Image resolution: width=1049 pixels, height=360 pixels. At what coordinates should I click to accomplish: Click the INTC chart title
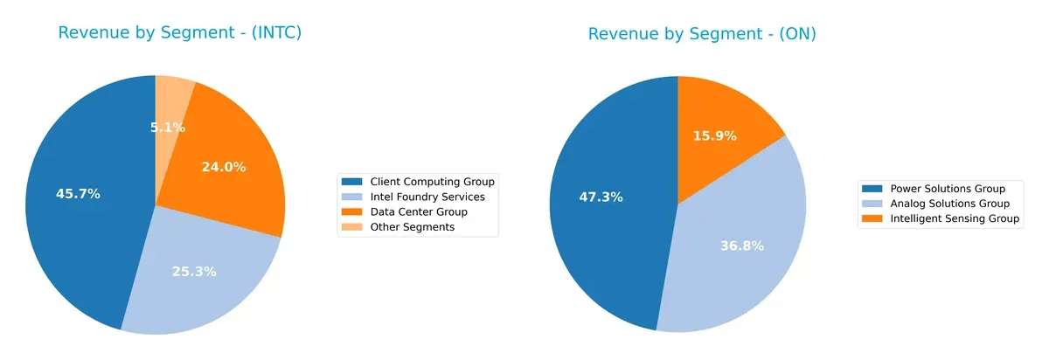click(180, 33)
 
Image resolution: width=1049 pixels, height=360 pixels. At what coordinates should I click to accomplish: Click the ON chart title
click(702, 34)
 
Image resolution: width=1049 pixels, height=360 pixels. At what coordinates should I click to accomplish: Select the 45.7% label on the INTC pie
click(78, 194)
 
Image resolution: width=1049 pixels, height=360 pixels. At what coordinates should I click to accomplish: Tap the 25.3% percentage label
click(194, 272)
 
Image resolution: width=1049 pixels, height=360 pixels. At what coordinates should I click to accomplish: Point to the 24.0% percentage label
click(224, 167)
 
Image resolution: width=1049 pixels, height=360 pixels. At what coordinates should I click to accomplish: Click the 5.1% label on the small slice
click(167, 128)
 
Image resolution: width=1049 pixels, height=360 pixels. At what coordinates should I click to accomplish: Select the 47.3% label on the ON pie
click(601, 197)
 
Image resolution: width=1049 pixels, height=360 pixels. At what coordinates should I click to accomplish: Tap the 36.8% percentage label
click(741, 246)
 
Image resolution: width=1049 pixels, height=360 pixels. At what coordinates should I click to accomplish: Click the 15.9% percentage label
click(714, 136)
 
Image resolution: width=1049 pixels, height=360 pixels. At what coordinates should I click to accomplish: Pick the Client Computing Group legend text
click(433, 182)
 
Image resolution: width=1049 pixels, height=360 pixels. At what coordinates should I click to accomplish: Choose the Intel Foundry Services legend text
click(427, 197)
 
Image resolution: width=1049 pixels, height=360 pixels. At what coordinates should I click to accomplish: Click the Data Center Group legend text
click(419, 211)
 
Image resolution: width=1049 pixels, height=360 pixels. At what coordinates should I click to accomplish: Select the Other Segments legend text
click(413, 227)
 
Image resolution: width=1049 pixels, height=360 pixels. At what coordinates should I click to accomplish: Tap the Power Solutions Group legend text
click(948, 189)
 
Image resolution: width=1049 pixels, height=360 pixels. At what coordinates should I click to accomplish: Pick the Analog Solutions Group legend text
click(949, 204)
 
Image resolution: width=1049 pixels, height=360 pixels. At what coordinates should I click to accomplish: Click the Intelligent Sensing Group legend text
click(955, 219)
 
